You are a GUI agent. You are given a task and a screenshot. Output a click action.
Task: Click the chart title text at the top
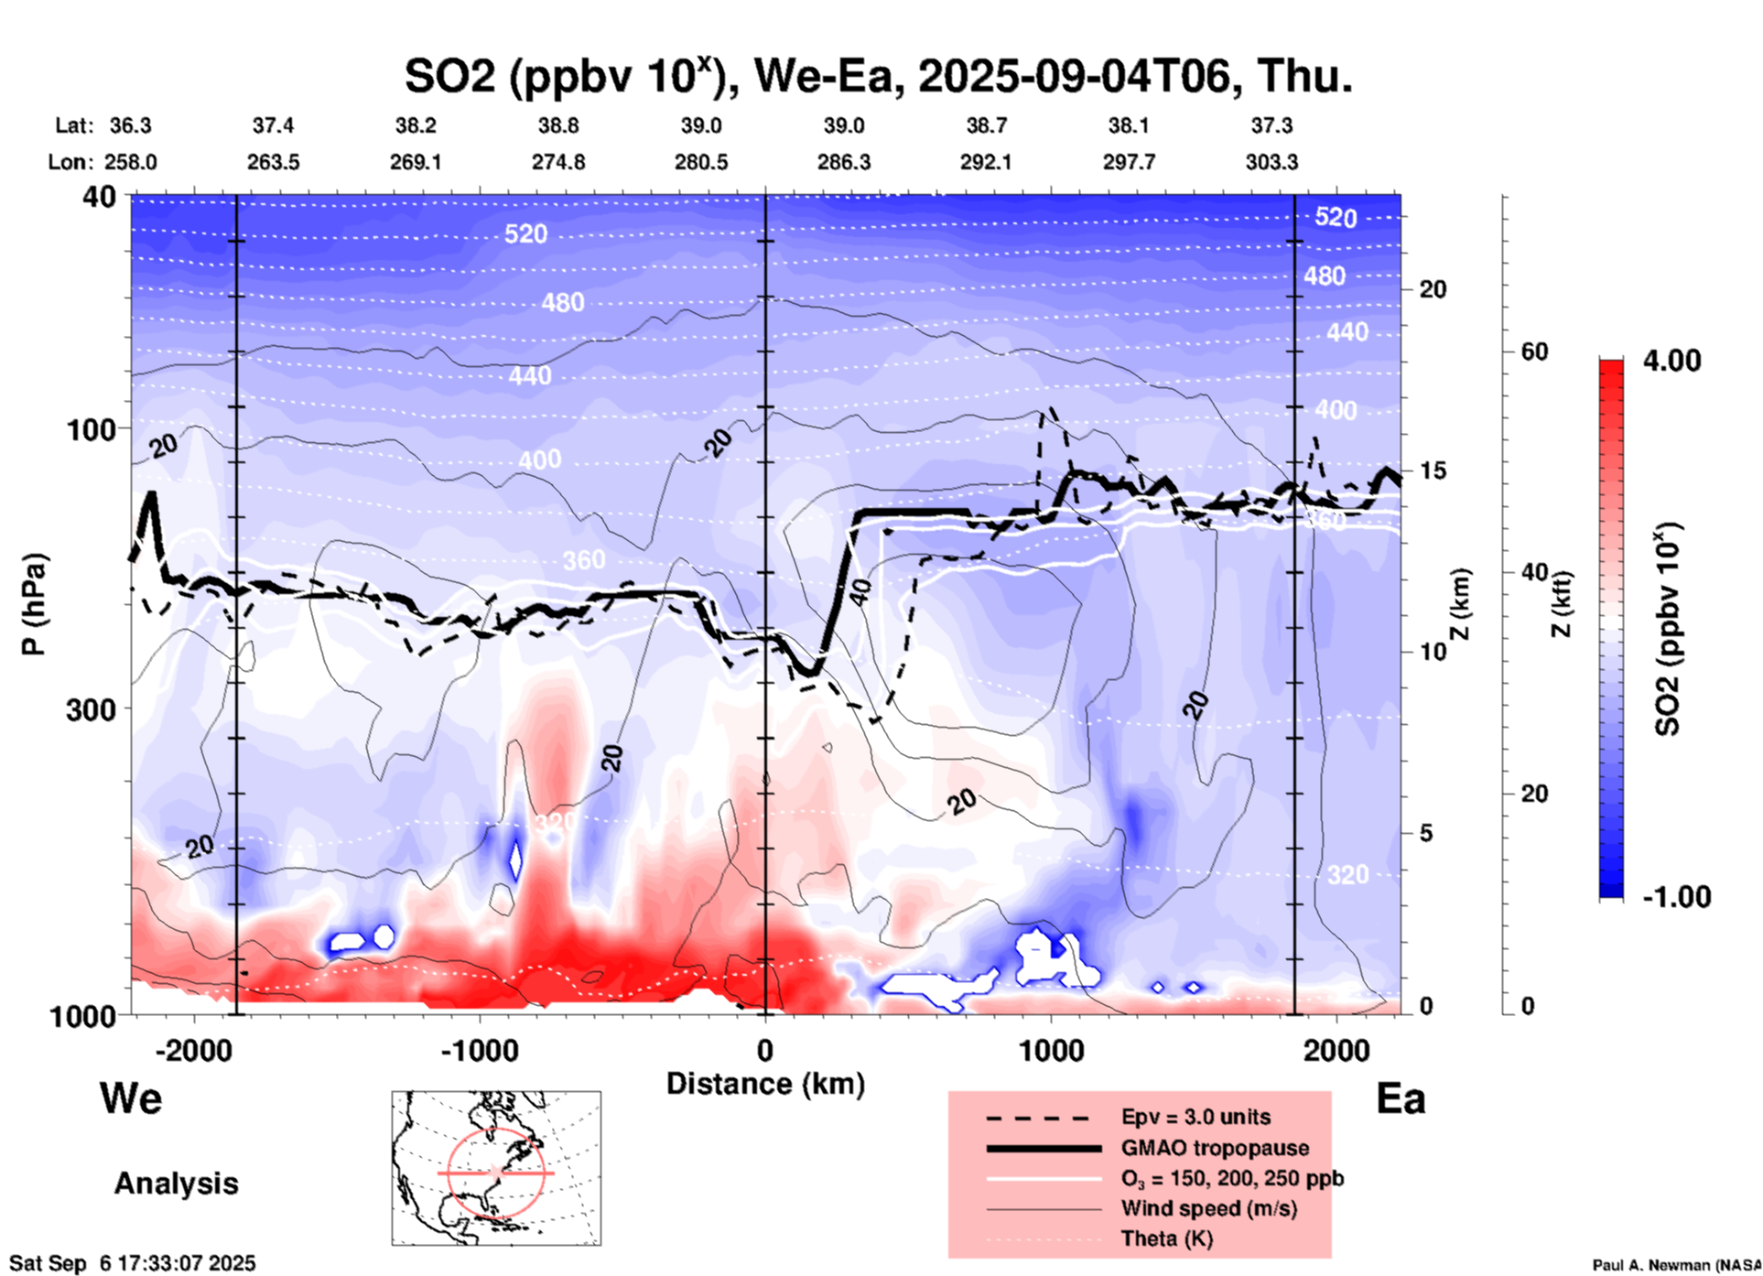878,77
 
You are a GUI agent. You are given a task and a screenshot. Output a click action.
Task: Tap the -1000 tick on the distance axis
479,1050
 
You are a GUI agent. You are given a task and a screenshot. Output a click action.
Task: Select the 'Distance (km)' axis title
765,1084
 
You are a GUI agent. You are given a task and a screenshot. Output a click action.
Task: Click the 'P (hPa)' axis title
34,604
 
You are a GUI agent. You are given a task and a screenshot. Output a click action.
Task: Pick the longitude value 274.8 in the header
558,162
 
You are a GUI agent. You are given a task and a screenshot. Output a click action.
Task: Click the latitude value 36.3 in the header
131,125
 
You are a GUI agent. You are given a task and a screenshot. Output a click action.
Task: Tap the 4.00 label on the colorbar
1671,361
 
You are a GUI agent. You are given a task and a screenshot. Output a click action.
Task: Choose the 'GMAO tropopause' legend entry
1215,1148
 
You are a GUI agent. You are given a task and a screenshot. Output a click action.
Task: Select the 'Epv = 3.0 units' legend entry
1195,1117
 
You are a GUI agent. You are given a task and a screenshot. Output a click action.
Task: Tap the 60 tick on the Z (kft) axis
1534,351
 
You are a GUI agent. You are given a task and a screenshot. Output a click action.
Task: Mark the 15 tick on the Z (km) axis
1433,470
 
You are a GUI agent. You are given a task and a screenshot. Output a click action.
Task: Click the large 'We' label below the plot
131,1098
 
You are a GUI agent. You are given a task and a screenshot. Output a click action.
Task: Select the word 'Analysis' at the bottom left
176,1184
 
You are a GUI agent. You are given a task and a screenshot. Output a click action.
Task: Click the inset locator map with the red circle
496,1168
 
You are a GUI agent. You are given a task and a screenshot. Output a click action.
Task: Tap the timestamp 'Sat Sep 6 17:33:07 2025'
133,1263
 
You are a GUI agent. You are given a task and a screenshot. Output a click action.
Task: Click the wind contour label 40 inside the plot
860,592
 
